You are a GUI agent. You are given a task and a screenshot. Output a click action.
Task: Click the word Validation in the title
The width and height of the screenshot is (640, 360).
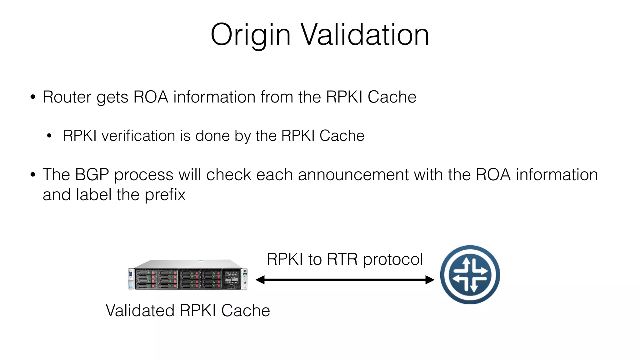(365, 35)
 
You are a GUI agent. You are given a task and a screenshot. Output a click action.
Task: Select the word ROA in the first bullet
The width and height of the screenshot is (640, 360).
(151, 97)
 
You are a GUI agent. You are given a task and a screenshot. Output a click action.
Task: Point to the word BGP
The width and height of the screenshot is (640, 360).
(92, 175)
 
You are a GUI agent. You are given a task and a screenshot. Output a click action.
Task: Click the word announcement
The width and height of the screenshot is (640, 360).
(353, 175)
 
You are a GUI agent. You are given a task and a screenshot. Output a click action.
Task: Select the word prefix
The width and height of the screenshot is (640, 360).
(165, 195)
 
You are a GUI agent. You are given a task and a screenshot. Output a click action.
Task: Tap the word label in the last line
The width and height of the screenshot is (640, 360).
(94, 195)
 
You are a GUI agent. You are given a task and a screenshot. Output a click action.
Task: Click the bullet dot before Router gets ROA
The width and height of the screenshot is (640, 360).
(33, 97)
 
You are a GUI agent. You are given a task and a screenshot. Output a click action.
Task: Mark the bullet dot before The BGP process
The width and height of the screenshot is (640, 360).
(33, 175)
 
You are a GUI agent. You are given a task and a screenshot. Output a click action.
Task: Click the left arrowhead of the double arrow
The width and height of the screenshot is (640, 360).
(260, 280)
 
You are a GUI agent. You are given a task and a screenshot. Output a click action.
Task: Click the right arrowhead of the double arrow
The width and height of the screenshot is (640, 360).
(430, 280)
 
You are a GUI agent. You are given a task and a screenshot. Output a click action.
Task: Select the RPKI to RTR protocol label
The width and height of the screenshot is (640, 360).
(345, 259)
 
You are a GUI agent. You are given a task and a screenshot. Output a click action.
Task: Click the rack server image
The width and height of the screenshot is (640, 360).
(188, 275)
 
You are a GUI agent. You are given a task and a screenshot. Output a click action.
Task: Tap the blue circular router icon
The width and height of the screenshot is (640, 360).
(470, 275)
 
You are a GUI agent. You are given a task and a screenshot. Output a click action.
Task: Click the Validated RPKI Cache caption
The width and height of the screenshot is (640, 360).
(188, 311)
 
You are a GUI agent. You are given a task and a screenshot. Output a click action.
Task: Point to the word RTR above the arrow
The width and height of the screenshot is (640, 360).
(342, 259)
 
